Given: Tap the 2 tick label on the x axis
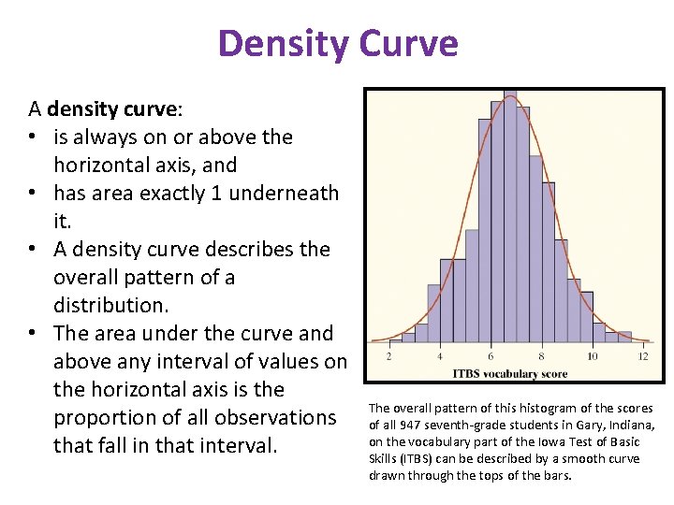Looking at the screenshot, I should coord(388,356).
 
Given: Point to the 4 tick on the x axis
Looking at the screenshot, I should coord(440,356).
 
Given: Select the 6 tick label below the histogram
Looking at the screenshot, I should coord(491,356).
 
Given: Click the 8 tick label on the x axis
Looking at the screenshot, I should coord(541,356).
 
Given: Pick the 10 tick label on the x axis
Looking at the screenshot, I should coord(592,356).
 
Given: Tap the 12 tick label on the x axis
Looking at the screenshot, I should coord(643,356).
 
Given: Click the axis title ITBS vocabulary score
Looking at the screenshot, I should coord(510,373).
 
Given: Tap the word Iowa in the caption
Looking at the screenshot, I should coord(540,441).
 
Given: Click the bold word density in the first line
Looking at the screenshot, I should coord(80,109).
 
